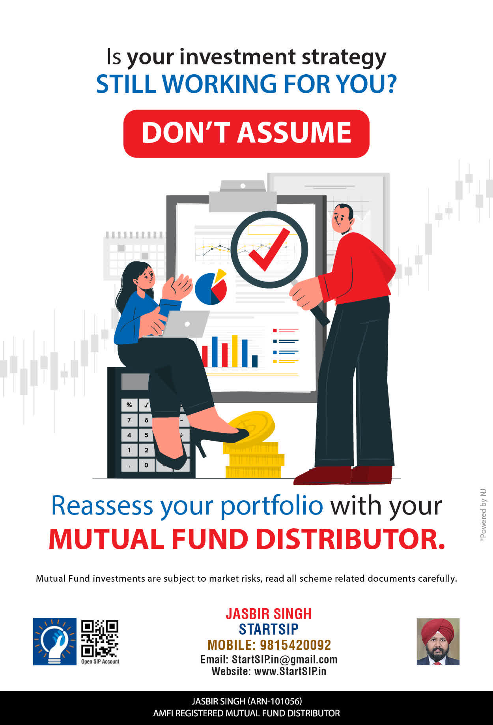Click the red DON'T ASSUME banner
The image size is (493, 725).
(x=246, y=133)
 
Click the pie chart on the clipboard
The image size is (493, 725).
(x=211, y=287)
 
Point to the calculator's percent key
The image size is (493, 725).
(x=129, y=405)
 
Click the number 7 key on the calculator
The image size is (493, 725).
(x=129, y=420)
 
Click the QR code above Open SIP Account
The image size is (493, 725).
(x=100, y=639)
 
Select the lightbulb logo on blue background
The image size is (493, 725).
(x=55, y=642)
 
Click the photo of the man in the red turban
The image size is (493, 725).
(x=438, y=642)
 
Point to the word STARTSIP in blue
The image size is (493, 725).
(x=269, y=629)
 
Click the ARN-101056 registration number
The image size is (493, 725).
(x=275, y=701)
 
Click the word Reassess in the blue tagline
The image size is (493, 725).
(x=102, y=505)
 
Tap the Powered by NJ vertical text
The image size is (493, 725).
(x=483, y=515)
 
